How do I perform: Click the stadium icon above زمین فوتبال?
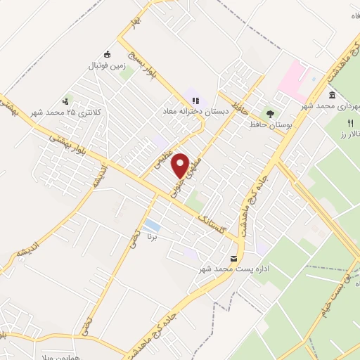pos(107,55)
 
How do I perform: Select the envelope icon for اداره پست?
pos(234,258)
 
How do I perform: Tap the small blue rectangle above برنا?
pos(151,226)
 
